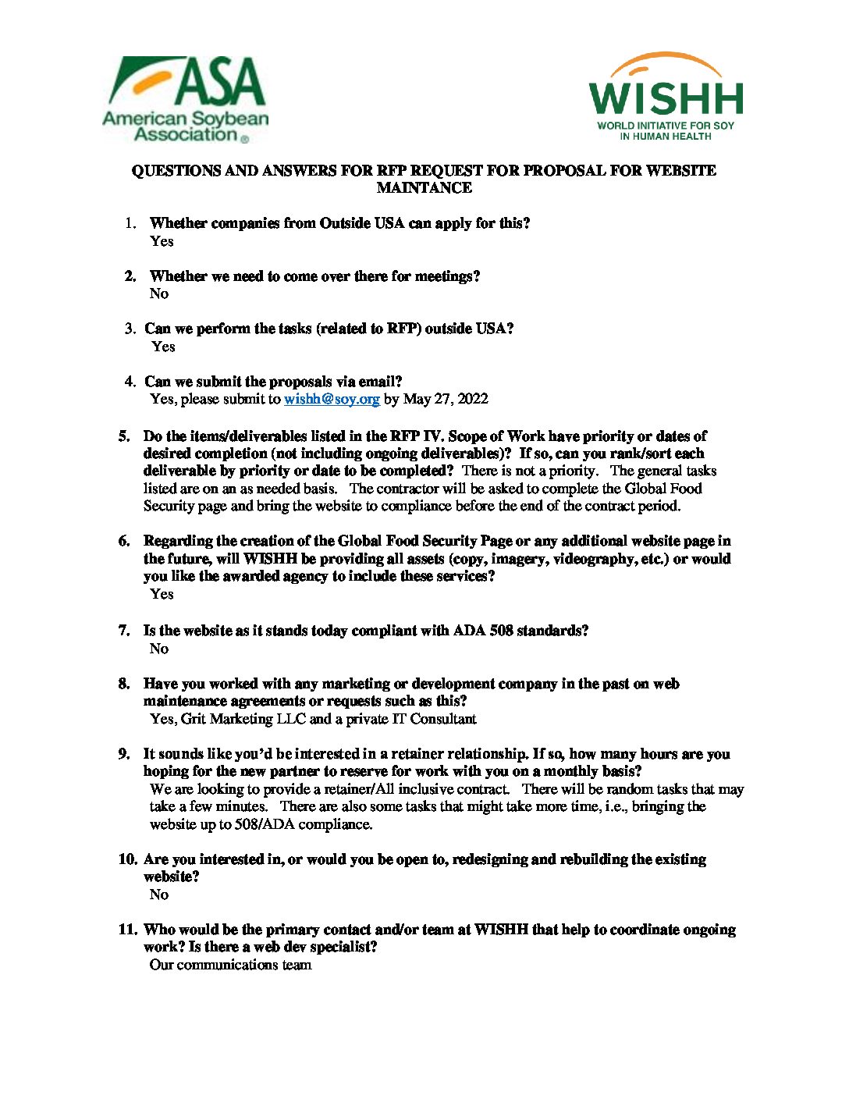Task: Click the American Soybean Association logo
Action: (185, 99)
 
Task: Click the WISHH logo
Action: (666, 96)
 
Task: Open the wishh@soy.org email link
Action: (332, 399)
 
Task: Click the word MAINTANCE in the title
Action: (424, 188)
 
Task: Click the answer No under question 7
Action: (159, 649)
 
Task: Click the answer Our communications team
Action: (230, 965)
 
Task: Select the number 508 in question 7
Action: (500, 631)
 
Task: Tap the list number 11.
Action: (128, 930)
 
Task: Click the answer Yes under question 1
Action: (162, 241)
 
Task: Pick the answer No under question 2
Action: (159, 293)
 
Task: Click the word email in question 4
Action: (377, 382)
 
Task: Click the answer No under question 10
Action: (159, 894)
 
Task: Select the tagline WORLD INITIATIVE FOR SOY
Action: (666, 126)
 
